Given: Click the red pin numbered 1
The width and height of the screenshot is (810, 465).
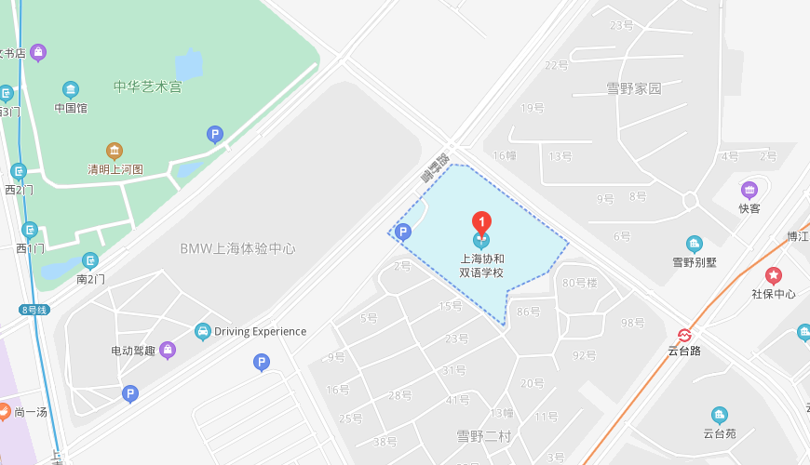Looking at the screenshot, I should (x=481, y=222).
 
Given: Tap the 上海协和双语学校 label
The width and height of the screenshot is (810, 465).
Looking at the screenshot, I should (x=481, y=266).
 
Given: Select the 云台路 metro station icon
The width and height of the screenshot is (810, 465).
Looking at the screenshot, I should (x=684, y=335).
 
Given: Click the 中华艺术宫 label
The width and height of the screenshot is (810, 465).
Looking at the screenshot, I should (x=147, y=86).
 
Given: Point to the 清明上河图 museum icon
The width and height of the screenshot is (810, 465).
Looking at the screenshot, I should (x=115, y=152).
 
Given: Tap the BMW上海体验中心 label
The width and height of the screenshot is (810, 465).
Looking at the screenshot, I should (x=237, y=248).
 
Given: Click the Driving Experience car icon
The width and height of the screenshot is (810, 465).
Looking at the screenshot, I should (x=202, y=331).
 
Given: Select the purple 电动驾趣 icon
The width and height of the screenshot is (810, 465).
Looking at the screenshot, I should (x=168, y=351).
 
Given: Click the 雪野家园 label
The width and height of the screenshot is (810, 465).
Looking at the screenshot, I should (x=634, y=88).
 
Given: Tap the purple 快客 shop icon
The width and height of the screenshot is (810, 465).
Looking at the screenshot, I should (x=749, y=191).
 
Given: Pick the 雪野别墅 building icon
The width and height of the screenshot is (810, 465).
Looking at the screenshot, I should (x=695, y=245).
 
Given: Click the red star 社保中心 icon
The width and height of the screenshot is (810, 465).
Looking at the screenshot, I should (x=774, y=276).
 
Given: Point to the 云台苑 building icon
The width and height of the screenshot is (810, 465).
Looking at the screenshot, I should (x=719, y=415).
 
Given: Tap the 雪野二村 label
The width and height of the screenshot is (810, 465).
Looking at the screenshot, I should (x=483, y=434).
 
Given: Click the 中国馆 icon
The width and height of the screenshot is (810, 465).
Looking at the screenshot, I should (x=71, y=90).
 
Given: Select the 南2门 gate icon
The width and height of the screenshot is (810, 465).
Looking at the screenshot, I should (x=90, y=261).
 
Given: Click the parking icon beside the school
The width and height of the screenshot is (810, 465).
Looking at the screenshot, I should (x=403, y=232).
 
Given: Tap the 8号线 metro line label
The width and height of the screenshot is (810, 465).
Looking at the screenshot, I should (x=34, y=310).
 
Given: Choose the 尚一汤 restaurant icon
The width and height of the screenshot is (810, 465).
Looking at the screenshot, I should (x=4, y=411).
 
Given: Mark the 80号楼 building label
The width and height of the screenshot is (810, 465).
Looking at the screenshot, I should (x=580, y=283).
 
